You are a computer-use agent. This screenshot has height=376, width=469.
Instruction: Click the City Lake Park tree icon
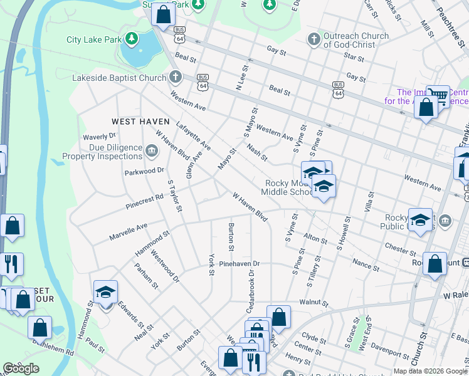(x=131, y=39)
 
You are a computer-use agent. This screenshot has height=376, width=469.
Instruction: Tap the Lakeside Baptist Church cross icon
(x=176, y=78)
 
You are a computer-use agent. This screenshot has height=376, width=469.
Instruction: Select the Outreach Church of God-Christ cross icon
(x=314, y=39)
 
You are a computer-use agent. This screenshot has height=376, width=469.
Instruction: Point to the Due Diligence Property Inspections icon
(x=152, y=151)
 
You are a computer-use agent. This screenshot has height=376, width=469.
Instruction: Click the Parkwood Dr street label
(x=144, y=170)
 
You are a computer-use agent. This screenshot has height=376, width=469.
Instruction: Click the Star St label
(x=354, y=58)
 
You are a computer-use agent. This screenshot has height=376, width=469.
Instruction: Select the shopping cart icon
(x=438, y=96)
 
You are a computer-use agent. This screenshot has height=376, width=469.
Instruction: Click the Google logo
(x=21, y=368)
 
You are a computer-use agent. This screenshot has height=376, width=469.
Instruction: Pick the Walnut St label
(x=314, y=303)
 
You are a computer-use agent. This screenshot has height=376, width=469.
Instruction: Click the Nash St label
(x=257, y=152)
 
